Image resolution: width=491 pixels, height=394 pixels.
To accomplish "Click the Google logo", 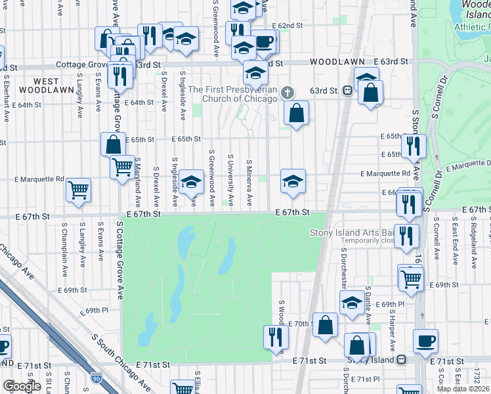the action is coord(22,386).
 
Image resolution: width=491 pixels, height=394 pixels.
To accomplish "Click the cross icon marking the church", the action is coord(287,91).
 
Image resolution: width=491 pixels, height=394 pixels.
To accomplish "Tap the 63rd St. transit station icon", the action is coord(346,91).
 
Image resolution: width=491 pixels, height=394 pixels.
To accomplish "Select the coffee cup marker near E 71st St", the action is coord(425,341).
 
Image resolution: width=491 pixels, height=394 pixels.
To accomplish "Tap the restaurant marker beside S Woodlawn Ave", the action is coord(276,336).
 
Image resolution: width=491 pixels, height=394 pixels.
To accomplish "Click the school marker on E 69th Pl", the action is coord(352,302).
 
